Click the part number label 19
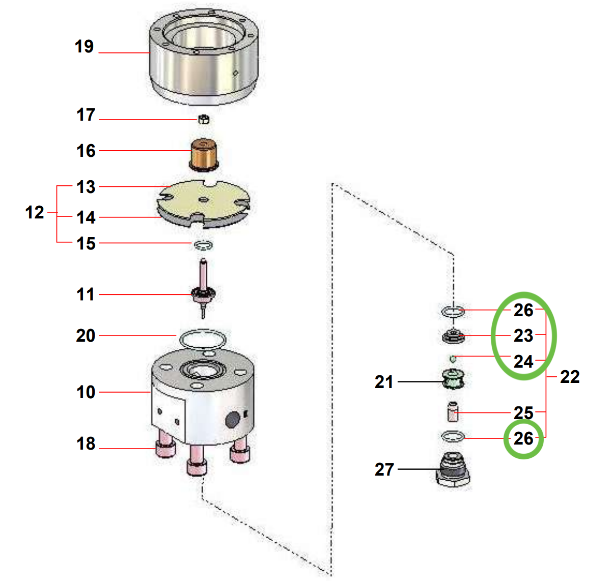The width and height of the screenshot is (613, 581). pyautogui.click(x=84, y=47)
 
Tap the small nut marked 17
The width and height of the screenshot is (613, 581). pyautogui.click(x=204, y=120)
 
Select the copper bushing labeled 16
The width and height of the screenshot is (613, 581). pyautogui.click(x=204, y=154)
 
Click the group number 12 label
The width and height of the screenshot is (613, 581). pyautogui.click(x=35, y=213)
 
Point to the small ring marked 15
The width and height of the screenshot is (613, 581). pyautogui.click(x=203, y=245)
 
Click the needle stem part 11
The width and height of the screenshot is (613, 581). pyautogui.click(x=204, y=288)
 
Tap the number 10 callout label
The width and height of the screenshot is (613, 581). pyautogui.click(x=86, y=393)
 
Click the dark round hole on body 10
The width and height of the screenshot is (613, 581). pyautogui.click(x=233, y=420)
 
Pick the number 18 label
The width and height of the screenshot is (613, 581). pyautogui.click(x=86, y=444)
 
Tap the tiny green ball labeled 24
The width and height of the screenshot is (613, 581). pyautogui.click(x=453, y=358)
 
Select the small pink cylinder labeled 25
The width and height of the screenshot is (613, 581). pyautogui.click(x=452, y=412)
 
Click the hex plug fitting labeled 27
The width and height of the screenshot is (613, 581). pyautogui.click(x=453, y=469)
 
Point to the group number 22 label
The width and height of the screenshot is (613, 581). pyautogui.click(x=570, y=377)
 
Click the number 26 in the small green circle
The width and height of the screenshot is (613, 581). pyautogui.click(x=523, y=439)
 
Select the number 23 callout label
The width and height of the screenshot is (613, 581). pyautogui.click(x=523, y=336)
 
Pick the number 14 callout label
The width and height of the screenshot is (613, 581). pyautogui.click(x=86, y=218)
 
